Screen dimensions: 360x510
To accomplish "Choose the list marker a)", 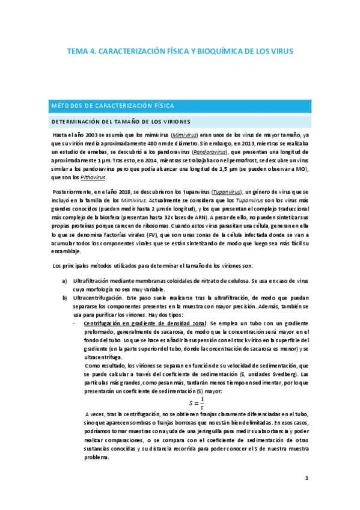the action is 65,281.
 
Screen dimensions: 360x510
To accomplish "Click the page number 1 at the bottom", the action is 307,479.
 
